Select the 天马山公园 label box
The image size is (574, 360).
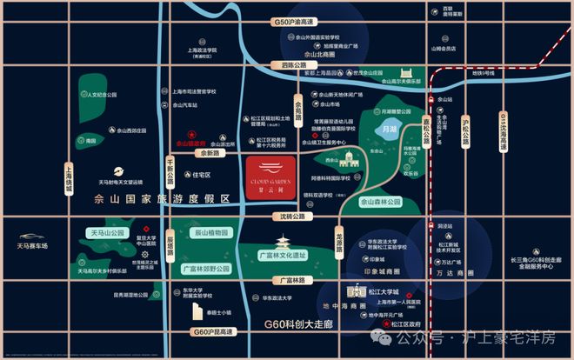(113, 233)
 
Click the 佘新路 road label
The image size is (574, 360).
(209, 153)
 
